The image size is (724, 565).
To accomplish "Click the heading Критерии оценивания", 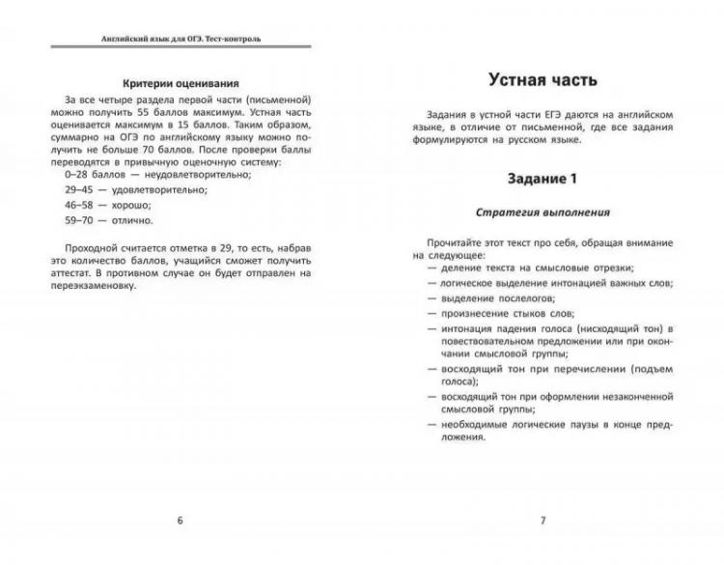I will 181,83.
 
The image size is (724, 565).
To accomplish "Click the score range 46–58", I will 80,206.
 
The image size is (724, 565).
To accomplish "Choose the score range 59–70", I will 80,221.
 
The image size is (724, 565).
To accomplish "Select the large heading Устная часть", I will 543,80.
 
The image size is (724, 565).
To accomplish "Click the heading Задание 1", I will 542,179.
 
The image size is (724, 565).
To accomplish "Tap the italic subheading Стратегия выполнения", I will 542,212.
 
